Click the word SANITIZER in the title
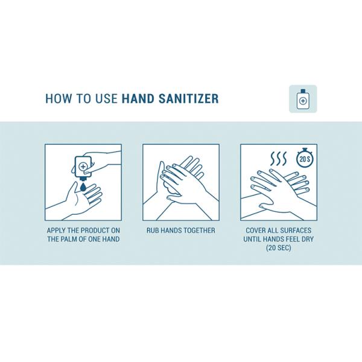pos(188,98)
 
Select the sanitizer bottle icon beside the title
pos(303,100)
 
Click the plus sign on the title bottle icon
pos(303,101)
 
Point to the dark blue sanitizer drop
pos(83,187)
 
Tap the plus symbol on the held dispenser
pos(83,167)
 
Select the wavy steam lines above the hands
pos(278,159)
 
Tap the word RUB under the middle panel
pos(153,230)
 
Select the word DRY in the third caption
pos(307,239)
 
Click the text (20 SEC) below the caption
pos(278,248)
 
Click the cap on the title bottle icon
pos(303,91)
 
